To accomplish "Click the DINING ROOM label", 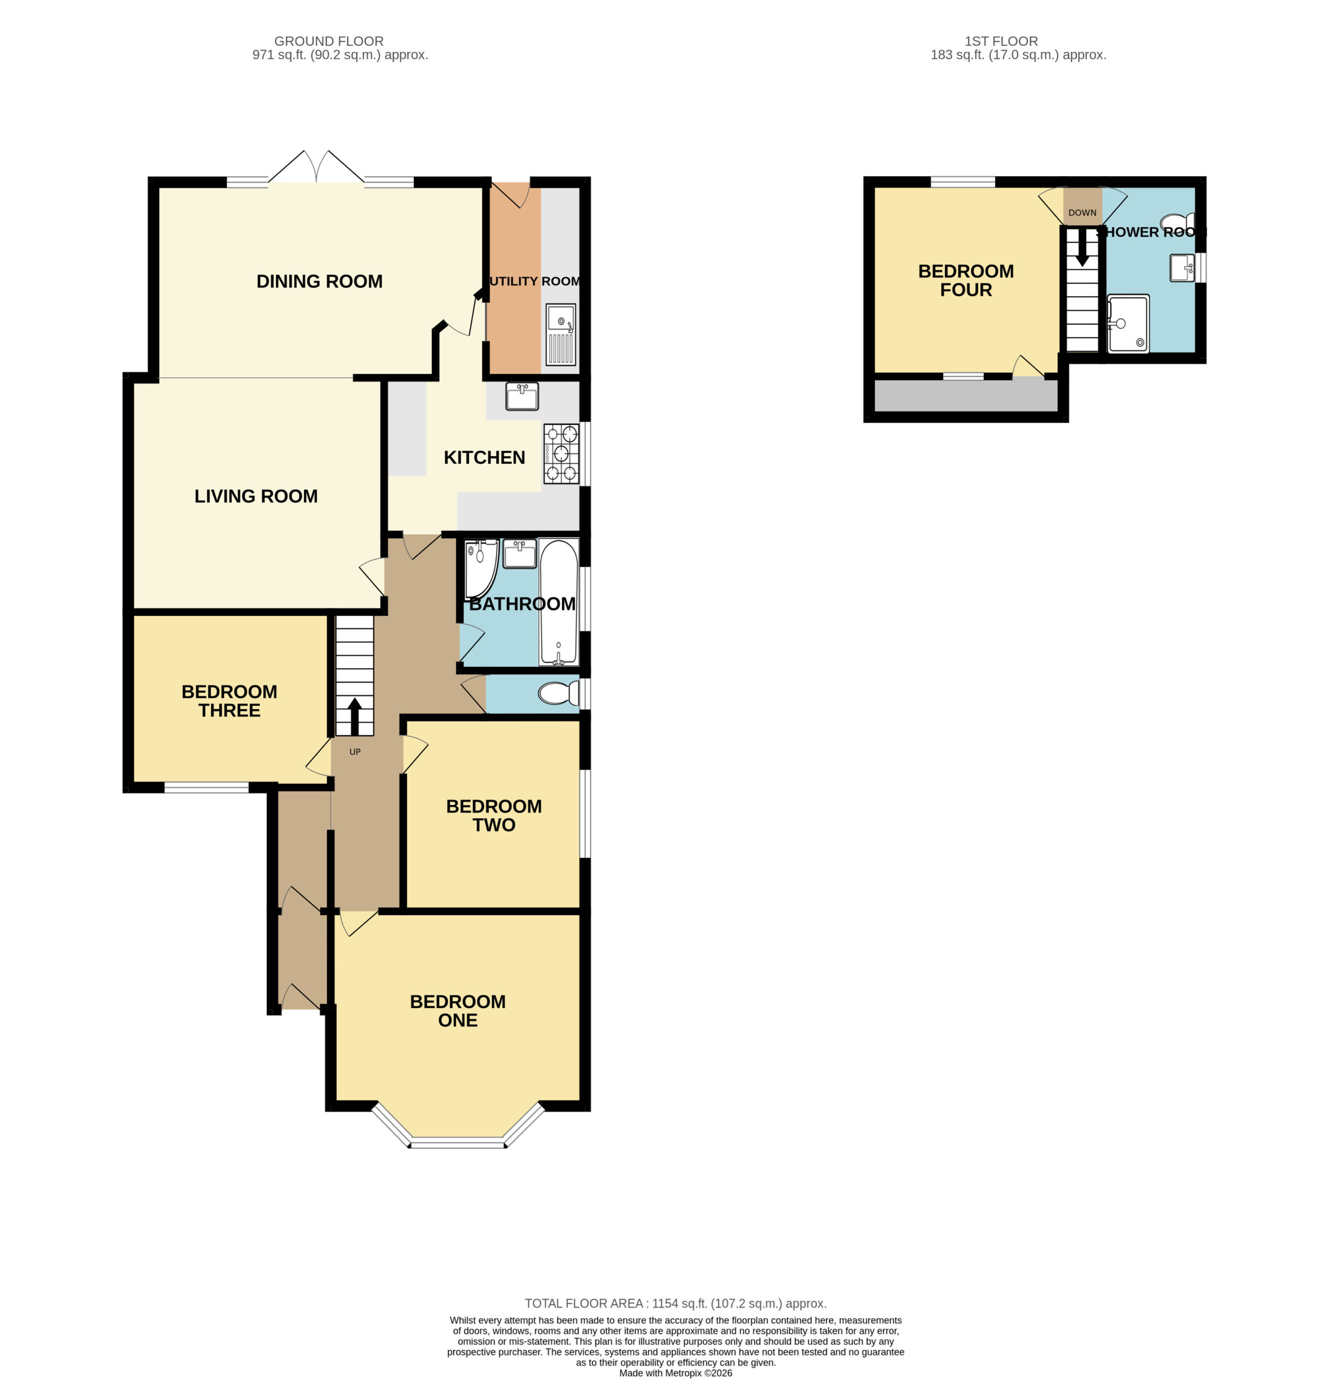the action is coord(319,281).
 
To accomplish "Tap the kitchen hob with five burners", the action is coord(561,454).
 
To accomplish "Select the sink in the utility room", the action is coord(561,334).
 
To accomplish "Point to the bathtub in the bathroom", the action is coord(559,602).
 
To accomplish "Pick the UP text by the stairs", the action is coord(356,751).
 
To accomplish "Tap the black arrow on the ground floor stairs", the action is coord(354,716).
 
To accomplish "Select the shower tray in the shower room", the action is coord(1128,324).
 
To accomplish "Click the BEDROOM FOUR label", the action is coord(966,281).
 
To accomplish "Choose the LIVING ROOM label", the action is coord(256,496).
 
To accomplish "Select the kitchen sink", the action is coord(522,396).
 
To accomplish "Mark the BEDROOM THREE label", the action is coord(229,701).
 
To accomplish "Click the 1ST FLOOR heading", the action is coord(1001,41).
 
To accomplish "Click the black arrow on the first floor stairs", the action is coord(1082,248).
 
